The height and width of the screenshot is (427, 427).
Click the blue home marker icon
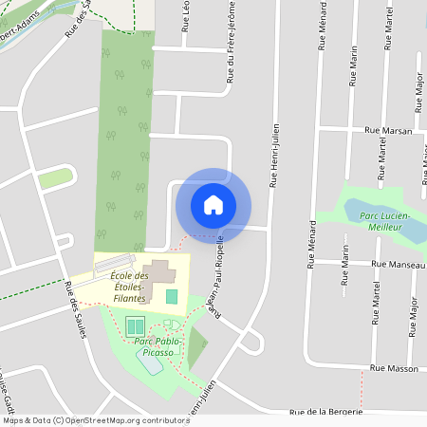(213, 204)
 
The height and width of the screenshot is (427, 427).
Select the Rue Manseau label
(398, 265)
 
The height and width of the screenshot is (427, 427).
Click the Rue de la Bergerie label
(326, 413)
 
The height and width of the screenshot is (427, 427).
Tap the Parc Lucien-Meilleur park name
(383, 221)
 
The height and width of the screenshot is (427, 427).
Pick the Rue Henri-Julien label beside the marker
(274, 155)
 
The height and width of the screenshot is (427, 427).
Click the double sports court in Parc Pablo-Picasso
(134, 325)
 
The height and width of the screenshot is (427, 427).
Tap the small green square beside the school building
(172, 296)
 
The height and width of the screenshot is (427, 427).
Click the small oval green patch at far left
(55, 177)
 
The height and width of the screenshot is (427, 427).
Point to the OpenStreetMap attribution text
(95, 420)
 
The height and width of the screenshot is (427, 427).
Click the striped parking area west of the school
(115, 263)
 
